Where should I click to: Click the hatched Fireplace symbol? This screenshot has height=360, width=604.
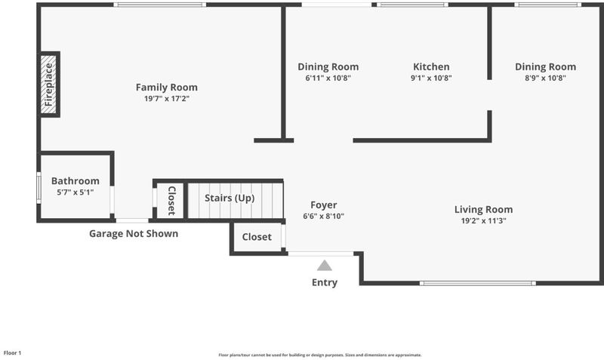coord(48,85)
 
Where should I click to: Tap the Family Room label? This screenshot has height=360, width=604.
coord(167,88)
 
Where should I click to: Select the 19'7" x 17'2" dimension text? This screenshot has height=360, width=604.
coord(167,99)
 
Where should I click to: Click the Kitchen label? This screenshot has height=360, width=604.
coord(431,66)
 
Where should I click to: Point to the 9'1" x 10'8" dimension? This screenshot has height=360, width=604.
coord(431,78)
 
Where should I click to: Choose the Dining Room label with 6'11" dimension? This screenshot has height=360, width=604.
coord(328,66)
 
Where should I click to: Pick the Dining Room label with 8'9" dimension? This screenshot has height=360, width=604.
coord(545,66)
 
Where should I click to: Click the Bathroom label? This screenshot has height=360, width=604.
coord(75,181)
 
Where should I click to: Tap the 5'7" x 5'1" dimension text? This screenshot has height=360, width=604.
coord(75,192)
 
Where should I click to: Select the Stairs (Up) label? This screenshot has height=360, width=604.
coord(230,198)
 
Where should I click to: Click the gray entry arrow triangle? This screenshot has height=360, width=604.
coord(325,266)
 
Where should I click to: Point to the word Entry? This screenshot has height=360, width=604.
coord(325,282)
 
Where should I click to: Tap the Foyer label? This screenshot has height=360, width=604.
coord(324,205)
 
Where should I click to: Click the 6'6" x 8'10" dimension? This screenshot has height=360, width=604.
coord(324,216)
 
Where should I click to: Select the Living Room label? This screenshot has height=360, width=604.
coord(483,210)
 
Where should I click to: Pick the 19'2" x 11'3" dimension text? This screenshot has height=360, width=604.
coord(483,220)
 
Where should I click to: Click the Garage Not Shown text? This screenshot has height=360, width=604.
coord(134,234)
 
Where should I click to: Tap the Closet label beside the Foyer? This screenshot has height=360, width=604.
coord(257,237)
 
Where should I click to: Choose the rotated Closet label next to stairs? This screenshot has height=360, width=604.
coord(172,201)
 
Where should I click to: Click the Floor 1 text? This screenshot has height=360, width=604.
coord(12,352)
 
